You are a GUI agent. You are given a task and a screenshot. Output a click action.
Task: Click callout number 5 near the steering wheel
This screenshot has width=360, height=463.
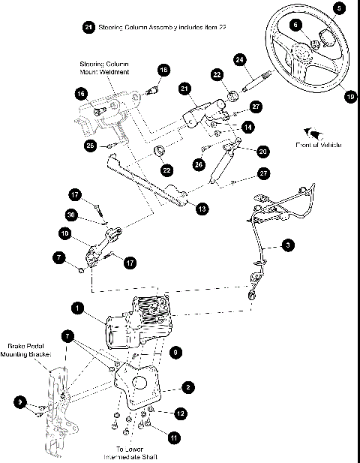[x=339, y=8]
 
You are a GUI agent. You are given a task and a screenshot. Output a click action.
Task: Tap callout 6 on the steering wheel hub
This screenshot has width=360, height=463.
[x=296, y=25]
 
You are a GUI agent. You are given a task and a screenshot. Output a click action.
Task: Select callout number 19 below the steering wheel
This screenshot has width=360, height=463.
[x=349, y=96]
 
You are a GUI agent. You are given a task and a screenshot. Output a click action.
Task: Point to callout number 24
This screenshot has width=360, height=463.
[x=240, y=59]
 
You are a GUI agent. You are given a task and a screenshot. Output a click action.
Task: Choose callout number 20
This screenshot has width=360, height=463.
[x=262, y=151]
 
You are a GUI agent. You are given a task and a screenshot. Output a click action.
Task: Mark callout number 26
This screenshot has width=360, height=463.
[x=199, y=163]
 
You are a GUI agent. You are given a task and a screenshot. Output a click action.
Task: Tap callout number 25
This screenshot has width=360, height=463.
[x=90, y=145]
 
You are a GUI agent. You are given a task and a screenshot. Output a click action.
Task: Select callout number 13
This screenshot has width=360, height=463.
[x=202, y=209]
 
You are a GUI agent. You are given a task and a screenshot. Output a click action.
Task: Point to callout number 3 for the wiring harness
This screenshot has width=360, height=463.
[x=289, y=245]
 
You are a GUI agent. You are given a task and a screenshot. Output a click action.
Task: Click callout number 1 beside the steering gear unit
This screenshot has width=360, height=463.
[x=76, y=308]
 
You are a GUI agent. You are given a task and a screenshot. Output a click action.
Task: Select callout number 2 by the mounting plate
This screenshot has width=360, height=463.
[x=188, y=387]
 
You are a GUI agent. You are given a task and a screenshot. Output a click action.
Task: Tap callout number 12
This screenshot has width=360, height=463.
[x=180, y=413]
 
